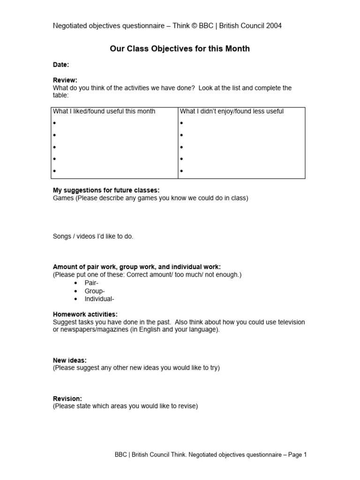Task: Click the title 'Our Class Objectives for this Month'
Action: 180,49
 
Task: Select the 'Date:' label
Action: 61,65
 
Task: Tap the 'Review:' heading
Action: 65,80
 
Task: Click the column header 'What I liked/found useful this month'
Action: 104,111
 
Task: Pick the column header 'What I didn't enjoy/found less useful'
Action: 232,111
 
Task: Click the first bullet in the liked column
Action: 54,123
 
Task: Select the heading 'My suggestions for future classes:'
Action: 106,190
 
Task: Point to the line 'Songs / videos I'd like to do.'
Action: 93,236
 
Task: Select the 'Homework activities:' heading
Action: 85,314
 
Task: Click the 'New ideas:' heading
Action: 69,360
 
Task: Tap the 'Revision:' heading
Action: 67,398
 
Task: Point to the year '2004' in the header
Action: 274,26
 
